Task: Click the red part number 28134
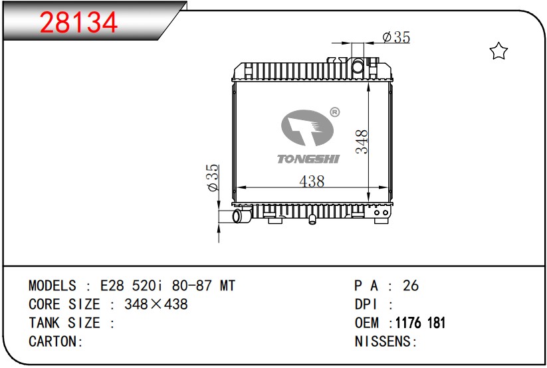pos(79,23)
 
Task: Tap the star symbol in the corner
pos(498,51)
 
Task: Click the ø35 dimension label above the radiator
pos(396,37)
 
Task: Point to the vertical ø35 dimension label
pos(213,177)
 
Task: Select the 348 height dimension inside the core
pos(362,141)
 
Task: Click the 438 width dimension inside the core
pos(312,181)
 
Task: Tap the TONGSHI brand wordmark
pos(308,159)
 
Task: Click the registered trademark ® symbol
pos(334,112)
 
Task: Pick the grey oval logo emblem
pos(307,128)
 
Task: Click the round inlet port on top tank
pos(358,66)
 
